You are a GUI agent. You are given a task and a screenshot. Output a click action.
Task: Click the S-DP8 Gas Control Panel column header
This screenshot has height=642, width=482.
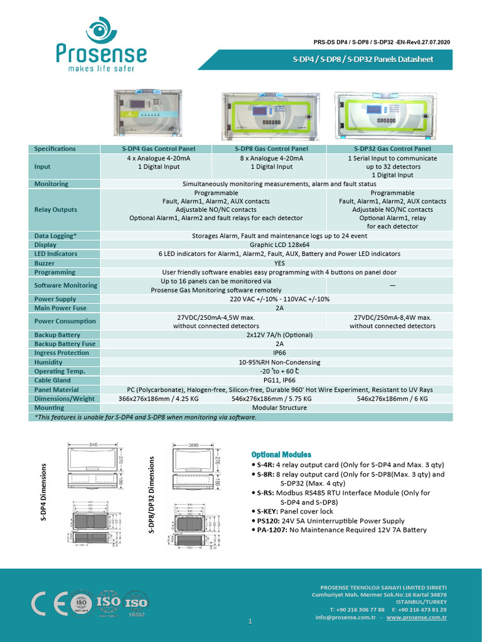(x=270, y=149)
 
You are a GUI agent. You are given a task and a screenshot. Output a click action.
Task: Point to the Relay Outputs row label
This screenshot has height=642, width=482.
(x=56, y=209)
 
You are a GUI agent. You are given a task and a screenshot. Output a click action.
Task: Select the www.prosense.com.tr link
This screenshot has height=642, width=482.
(x=416, y=618)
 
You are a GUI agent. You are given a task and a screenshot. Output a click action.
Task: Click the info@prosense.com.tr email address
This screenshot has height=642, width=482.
(x=345, y=618)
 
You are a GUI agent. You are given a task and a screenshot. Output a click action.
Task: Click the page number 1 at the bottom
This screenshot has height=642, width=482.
(x=250, y=621)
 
